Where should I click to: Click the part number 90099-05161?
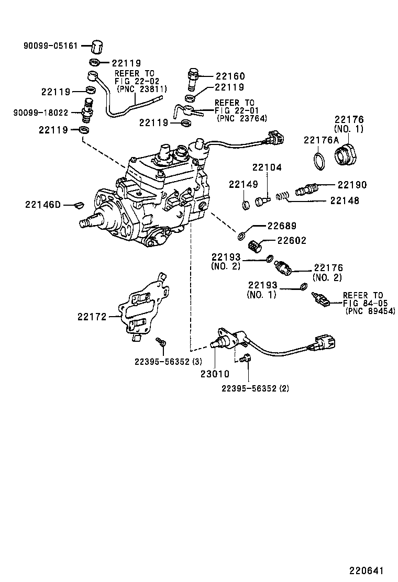coord(50,46)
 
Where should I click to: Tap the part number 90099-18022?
coord(40,112)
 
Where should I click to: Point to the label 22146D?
coord(43,204)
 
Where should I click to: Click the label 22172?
coord(92,317)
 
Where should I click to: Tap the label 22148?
coord(345,200)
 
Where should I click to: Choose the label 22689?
coord(282,226)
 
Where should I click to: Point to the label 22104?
coord(267,167)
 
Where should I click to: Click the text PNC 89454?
coord(370,311)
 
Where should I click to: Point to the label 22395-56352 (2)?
coord(255,388)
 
